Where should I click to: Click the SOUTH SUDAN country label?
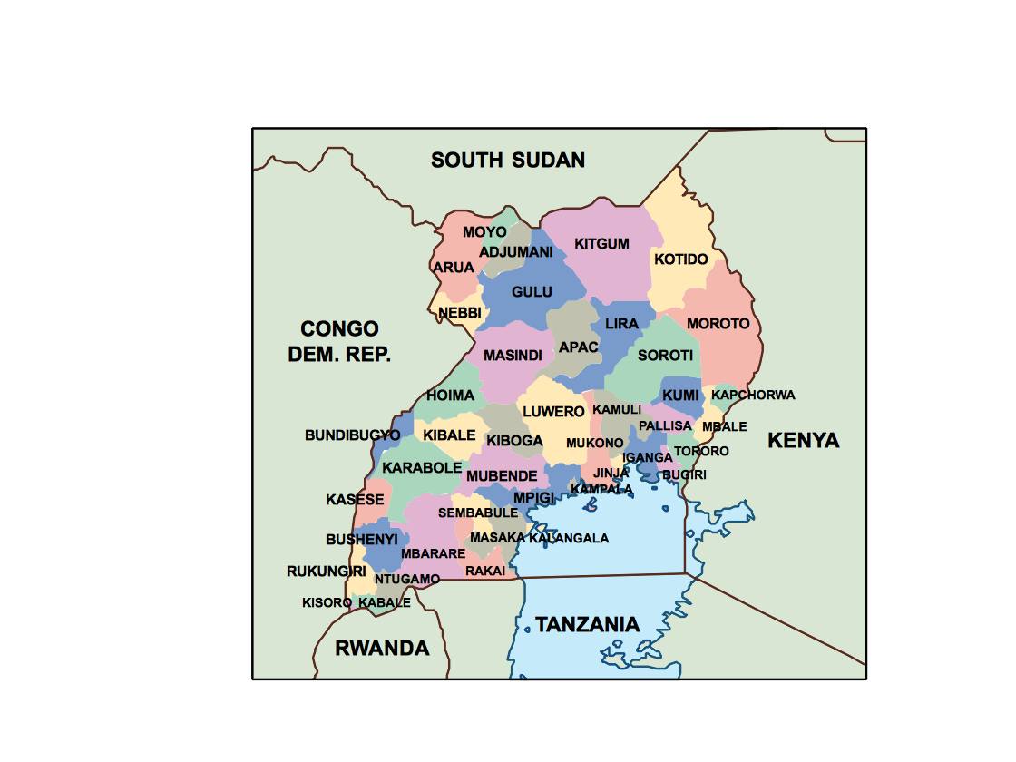click(507, 161)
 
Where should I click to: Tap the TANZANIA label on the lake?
click(587, 624)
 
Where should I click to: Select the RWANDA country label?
click(382, 648)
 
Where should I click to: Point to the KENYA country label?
click(803, 441)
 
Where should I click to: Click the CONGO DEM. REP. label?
click(340, 341)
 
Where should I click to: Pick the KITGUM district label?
click(601, 244)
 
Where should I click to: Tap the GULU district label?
click(532, 292)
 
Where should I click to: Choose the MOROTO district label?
click(718, 324)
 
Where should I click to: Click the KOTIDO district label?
click(680, 259)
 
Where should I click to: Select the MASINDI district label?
click(513, 356)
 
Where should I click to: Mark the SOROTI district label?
click(665, 356)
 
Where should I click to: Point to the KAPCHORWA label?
click(753, 395)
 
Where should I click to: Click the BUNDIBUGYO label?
click(352, 435)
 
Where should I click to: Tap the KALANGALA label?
click(569, 538)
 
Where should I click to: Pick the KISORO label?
click(327, 602)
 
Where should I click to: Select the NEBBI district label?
click(459, 314)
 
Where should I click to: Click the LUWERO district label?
click(553, 412)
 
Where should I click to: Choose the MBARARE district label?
click(433, 553)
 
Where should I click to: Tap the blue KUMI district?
click(680, 396)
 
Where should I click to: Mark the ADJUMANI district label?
click(516, 252)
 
